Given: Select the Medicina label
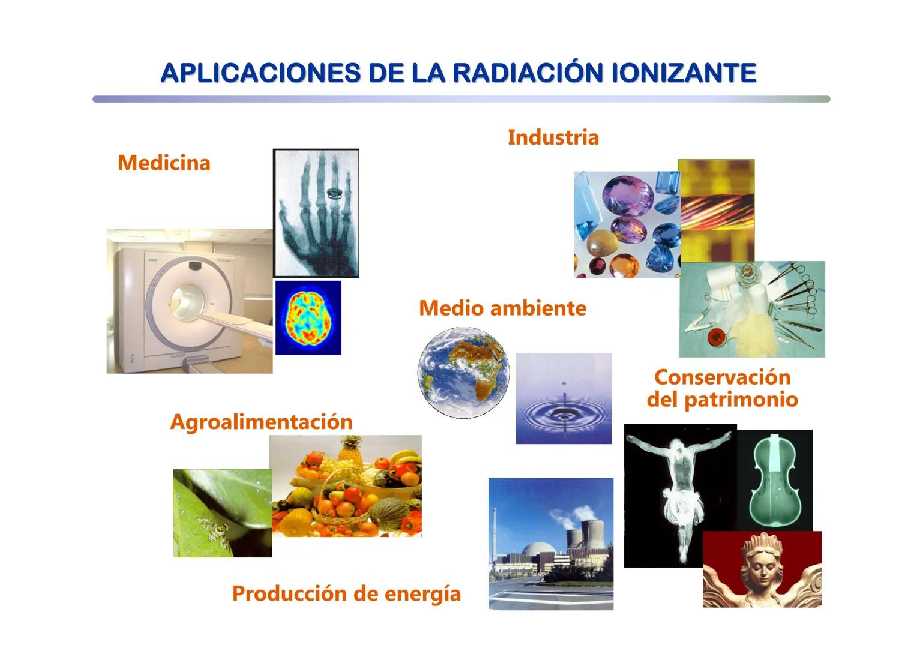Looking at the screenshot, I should coord(164,163).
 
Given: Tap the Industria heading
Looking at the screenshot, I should coord(553,137).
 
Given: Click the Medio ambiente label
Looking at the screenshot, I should coord(502,308).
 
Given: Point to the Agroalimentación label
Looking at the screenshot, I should coord(261,421).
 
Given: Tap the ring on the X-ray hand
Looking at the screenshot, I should coord(334,193).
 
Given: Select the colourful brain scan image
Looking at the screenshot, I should coord(308,317).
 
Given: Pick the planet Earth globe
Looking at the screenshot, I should coord(463,372).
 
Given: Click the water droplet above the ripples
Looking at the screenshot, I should coord(562,382).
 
